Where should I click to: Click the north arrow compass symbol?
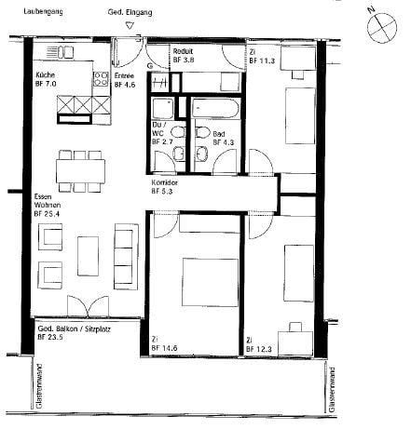pyautogui.click(x=383, y=27)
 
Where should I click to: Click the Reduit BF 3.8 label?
pyautogui.click(x=184, y=55)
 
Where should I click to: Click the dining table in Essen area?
pyautogui.click(x=80, y=171)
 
